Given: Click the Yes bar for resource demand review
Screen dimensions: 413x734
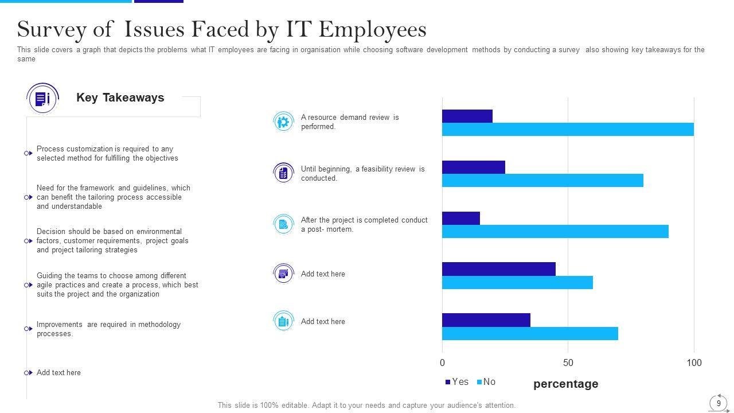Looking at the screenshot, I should [x=467, y=116].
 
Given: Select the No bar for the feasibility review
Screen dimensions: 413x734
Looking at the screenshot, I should [x=542, y=181].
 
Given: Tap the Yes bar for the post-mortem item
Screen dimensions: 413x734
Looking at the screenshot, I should [x=460, y=218].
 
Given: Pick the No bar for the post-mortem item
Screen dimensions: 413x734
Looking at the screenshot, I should [x=555, y=232].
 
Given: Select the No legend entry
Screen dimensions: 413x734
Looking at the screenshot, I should [x=486, y=382].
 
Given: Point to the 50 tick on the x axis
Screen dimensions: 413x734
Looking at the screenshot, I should [x=568, y=363].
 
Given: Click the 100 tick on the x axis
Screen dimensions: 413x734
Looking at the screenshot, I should [x=694, y=363].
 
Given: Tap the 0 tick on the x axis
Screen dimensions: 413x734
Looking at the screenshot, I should [x=442, y=363].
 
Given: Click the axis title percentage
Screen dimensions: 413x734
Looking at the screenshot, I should [x=565, y=384].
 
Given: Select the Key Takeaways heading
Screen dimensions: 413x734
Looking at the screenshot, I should [x=120, y=98].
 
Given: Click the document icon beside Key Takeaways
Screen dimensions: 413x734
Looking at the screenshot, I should [x=42, y=99].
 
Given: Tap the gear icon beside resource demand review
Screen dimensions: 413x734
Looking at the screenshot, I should [x=283, y=122].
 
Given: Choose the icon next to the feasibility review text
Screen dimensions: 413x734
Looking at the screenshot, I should [x=283, y=173].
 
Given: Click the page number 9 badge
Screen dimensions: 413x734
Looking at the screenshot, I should [x=719, y=403].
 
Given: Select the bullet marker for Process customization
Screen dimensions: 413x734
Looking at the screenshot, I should [x=28, y=153].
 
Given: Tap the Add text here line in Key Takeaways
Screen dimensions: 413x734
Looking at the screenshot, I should [x=58, y=373].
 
